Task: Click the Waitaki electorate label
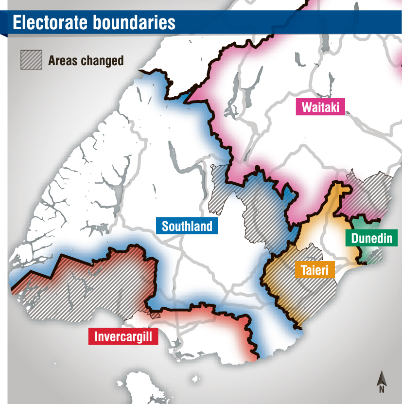coord(320,107)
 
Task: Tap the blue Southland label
coord(187,226)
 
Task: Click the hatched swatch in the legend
coord(31,60)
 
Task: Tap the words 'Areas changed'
coord(86,61)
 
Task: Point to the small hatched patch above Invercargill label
coord(155,315)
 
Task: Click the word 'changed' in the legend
coord(101,61)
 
